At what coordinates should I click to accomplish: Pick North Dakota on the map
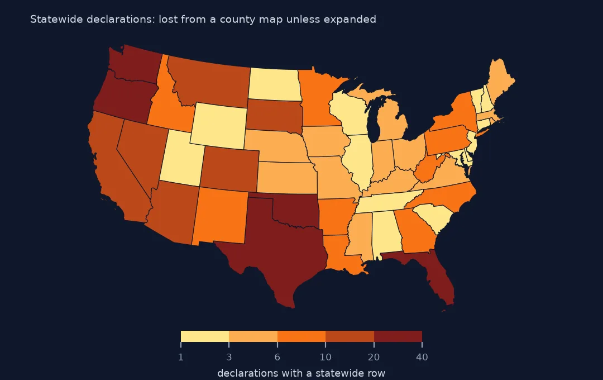(274, 84)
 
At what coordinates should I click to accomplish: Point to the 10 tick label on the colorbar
(326, 357)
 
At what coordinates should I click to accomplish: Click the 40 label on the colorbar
(422, 357)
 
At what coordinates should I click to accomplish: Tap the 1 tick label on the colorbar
(181, 357)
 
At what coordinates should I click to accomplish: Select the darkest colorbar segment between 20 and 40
(398, 336)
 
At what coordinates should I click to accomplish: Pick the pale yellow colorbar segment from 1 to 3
(205, 336)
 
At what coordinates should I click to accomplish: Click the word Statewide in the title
(56, 19)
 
